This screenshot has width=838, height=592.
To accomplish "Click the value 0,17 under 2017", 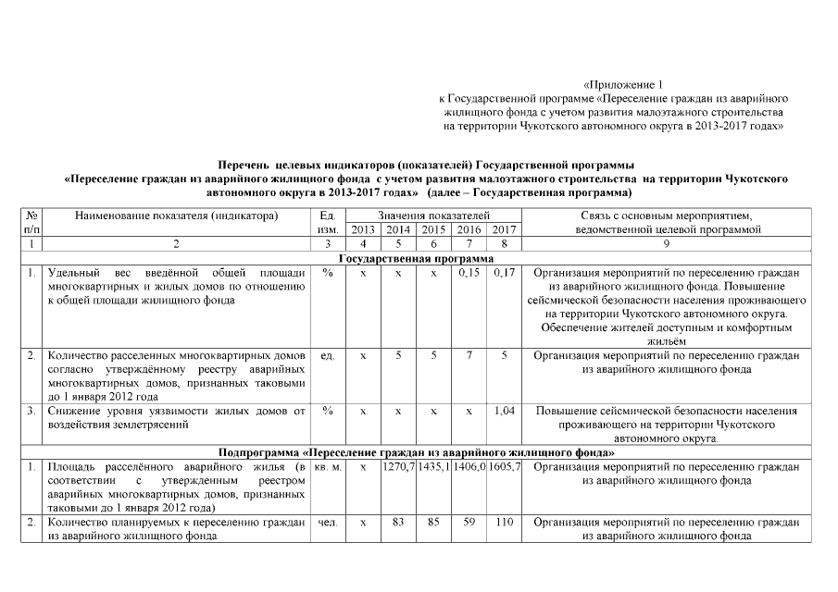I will pyautogui.click(x=505, y=274).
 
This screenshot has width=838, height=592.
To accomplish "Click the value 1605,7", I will pyautogui.click(x=505, y=468).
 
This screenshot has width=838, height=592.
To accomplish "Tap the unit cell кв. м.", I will pyautogui.click(x=328, y=468).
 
